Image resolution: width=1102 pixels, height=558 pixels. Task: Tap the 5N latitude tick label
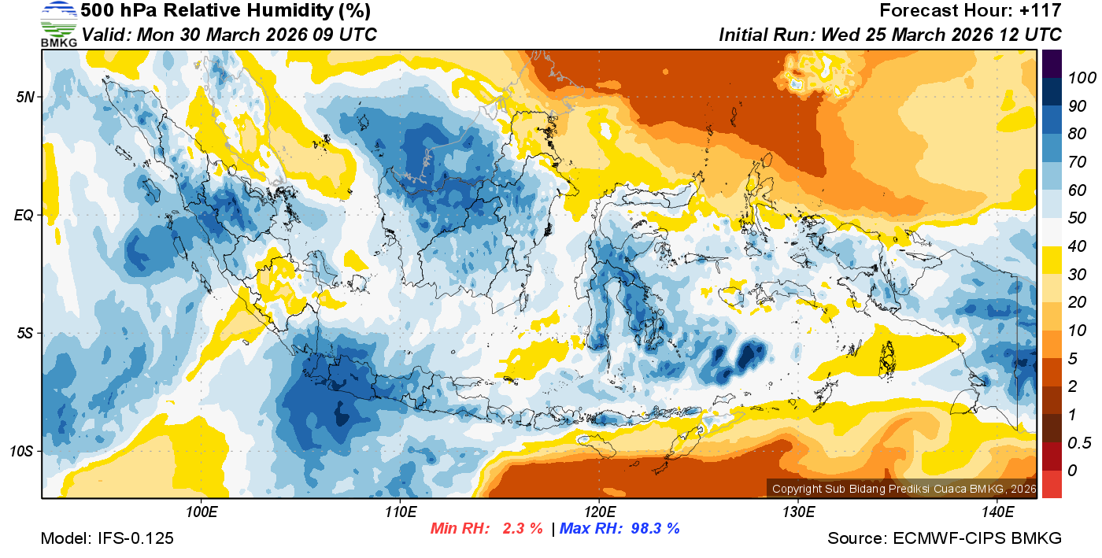(24, 97)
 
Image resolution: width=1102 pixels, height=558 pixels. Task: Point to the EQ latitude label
(24, 215)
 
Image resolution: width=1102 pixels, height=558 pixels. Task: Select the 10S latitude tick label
(21, 452)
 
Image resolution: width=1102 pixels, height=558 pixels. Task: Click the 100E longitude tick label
(202, 512)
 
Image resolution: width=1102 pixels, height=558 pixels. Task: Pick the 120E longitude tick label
(600, 512)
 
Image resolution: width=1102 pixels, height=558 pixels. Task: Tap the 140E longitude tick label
(997, 512)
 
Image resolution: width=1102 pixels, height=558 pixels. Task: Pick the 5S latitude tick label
(24, 334)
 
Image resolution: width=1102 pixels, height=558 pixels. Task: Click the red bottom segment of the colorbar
(1052, 483)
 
